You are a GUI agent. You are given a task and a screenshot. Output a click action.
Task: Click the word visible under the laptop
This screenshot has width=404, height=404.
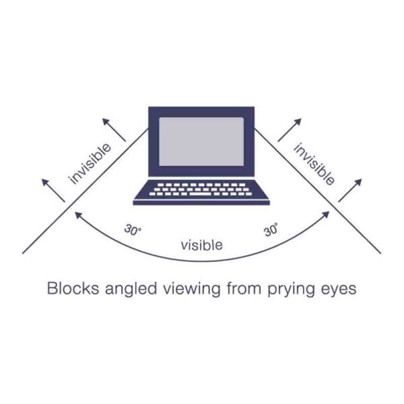pos(202,245)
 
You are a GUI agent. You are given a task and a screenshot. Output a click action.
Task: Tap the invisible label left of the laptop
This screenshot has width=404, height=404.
pos(90,164)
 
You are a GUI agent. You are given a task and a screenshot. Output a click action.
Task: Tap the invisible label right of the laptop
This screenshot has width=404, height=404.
pos(314,164)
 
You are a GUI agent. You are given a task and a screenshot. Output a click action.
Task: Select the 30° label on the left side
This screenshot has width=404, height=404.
pos(133,230)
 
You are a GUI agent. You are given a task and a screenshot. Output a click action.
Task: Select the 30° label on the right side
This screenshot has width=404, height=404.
pos(271,230)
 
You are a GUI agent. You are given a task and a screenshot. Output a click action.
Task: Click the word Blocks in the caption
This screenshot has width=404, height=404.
pos(73,288)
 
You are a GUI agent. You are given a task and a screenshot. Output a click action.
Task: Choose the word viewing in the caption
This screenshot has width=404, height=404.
pos(192,289)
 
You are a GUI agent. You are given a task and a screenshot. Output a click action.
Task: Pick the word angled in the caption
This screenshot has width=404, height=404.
pos(131,289)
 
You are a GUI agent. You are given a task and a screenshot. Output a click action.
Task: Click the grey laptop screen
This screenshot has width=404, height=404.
pos(201,141)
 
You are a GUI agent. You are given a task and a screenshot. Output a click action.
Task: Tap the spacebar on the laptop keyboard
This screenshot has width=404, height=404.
pos(201,194)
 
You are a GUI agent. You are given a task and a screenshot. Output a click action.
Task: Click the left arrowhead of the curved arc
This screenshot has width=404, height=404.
pos(78,215)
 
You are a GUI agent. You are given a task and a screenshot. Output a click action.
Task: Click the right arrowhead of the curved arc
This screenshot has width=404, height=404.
pos(326,215)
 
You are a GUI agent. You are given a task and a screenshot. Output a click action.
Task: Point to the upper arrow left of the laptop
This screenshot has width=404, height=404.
pos(114,129)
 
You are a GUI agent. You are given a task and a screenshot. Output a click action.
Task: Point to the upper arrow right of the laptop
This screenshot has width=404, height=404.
pos(290,130)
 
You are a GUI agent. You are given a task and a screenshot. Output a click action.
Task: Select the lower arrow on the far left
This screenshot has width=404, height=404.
pos(53,191)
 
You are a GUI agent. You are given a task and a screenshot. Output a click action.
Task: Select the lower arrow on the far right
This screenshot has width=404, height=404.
pos(350,191)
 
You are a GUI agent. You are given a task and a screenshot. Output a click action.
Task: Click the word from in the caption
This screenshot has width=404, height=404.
pos(244,288)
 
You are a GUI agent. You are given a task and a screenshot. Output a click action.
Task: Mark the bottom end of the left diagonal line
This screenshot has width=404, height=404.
pos(23,254)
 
